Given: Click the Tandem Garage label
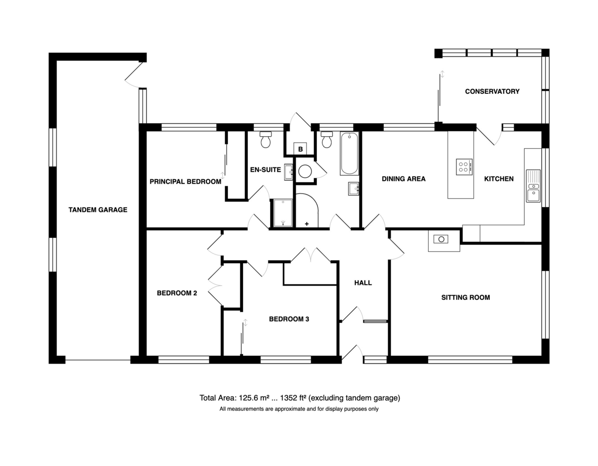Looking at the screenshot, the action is [x=98, y=210].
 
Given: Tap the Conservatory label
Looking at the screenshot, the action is [x=492, y=91].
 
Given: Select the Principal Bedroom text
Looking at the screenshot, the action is [x=185, y=182].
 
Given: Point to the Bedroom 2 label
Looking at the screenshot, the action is [x=177, y=293].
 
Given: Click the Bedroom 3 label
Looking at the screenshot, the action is [x=289, y=319].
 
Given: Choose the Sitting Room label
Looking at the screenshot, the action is [x=465, y=297].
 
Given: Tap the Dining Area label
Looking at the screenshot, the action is [x=404, y=179].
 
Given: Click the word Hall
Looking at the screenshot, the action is [x=363, y=282].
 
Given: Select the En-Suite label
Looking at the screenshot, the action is [x=265, y=170].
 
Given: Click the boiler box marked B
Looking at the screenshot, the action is [x=300, y=149].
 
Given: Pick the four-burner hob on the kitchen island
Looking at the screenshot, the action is [x=464, y=167].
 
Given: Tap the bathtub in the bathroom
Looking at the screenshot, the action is [x=349, y=154].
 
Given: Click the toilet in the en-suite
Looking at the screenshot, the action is [x=266, y=140].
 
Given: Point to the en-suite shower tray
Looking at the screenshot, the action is [x=283, y=213].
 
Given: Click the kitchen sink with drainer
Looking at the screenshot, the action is [x=533, y=186].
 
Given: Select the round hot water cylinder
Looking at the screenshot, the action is [x=305, y=172].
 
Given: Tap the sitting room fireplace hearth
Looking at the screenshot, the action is [x=444, y=240].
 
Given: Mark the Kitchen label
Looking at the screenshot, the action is [x=499, y=179].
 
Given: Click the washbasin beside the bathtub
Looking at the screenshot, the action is [x=353, y=189].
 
